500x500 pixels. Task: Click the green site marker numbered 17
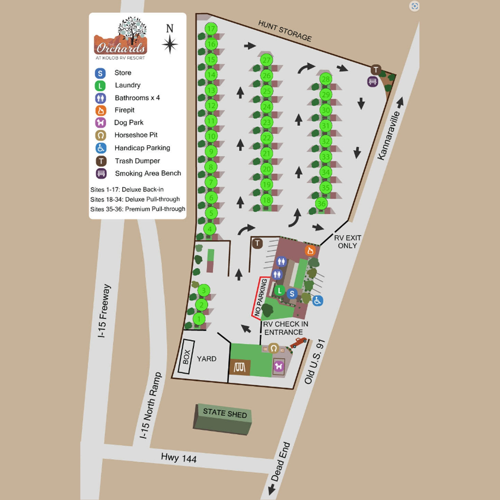point(211,29)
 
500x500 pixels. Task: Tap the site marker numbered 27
point(267,60)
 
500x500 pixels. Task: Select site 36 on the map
point(322,204)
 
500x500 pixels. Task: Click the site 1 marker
point(199,319)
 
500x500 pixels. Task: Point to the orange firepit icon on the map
point(310,250)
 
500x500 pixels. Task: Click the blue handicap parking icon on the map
point(317,301)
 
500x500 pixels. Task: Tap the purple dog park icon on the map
point(279,366)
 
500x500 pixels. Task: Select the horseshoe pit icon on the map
point(273,348)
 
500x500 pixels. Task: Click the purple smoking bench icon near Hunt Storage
point(373,82)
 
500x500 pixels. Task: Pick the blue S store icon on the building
point(292,293)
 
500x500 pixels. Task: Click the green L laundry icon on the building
point(280,290)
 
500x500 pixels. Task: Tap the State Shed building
point(223,419)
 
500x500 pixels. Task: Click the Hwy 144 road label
point(178,458)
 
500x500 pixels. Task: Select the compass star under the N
point(170,44)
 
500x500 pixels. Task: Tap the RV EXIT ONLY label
point(347,242)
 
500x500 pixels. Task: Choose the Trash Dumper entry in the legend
point(137,161)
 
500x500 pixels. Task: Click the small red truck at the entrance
point(298,342)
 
